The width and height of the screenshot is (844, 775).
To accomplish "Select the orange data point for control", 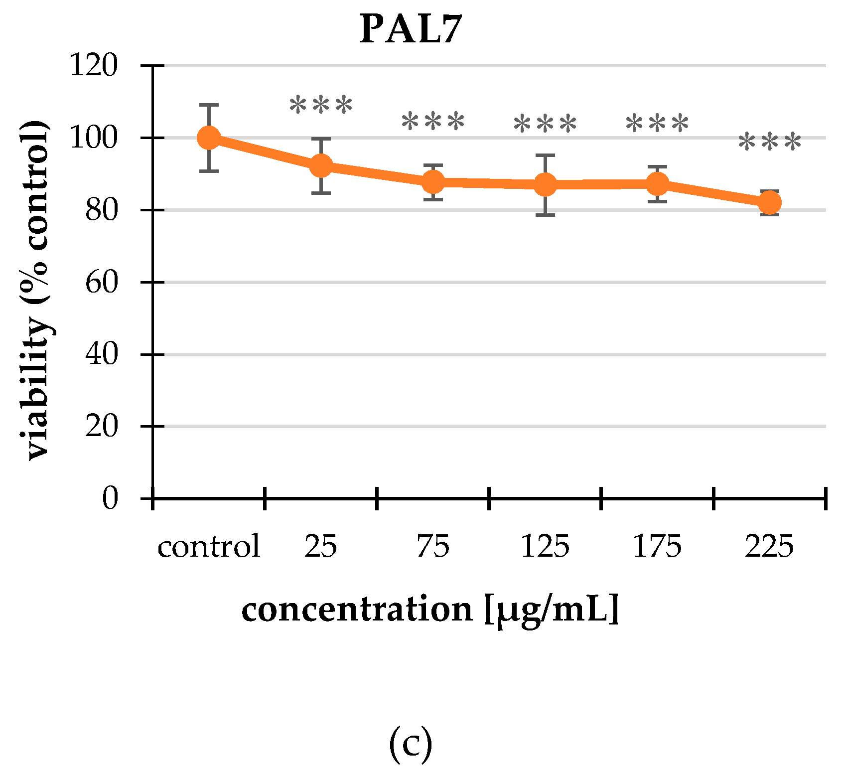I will [x=209, y=138].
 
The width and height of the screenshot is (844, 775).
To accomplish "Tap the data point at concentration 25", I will [x=321, y=165].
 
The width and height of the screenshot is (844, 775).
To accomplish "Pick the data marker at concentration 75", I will [x=433, y=182].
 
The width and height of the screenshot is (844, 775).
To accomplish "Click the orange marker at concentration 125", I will [x=546, y=185].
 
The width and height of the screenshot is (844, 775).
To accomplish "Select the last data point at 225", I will [x=770, y=203].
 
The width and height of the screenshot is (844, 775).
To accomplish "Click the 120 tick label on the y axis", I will [x=93, y=65].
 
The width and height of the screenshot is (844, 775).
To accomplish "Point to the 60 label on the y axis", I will [x=101, y=283].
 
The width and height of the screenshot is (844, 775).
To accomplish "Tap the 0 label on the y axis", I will [x=110, y=498].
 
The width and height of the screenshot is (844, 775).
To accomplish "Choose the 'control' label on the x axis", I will [x=209, y=546].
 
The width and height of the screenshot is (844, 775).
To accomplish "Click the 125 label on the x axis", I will [x=545, y=546].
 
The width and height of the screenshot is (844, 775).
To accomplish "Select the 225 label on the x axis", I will [x=769, y=546].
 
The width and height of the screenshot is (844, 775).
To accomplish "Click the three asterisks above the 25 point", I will [x=321, y=106].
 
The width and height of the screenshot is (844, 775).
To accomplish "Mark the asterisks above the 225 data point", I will [x=770, y=143].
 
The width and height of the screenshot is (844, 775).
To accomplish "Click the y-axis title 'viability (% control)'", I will [x=37, y=290].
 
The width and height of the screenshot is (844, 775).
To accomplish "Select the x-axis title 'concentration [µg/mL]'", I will [x=430, y=610].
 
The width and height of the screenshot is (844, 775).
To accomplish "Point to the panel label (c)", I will [x=410, y=744].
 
